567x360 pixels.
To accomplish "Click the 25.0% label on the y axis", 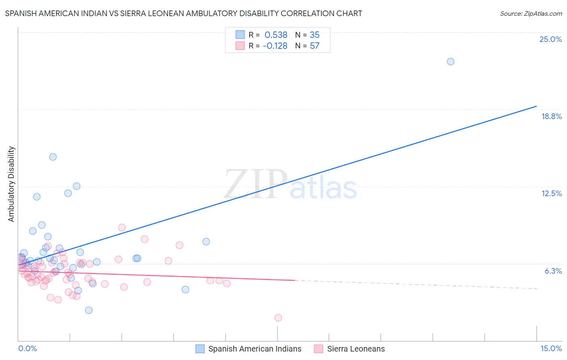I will point(550,39).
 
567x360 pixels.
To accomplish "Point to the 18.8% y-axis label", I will point(551,116).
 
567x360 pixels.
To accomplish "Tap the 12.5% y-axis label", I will point(551,193).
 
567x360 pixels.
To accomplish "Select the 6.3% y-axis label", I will point(553,271).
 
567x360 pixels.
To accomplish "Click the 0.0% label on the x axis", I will point(27,348).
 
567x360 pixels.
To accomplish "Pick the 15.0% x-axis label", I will point(551,348).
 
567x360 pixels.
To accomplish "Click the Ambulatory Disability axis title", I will point(11,184).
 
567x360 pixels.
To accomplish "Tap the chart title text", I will point(183,13).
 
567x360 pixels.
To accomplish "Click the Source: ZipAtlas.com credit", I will point(531,13).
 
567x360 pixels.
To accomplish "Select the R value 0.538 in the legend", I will point(276,35).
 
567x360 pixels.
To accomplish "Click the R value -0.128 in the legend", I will point(275,46).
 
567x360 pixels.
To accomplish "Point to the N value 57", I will point(315,46).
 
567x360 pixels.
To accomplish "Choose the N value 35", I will point(315,35).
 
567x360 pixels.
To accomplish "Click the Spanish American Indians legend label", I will point(254,349).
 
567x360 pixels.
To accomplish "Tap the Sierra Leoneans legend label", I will point(356,349).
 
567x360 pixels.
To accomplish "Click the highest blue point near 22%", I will point(450,61).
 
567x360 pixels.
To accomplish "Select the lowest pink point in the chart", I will point(278,318).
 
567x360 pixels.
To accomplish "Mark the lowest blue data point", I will point(89,310).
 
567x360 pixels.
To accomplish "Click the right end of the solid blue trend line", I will point(536,106).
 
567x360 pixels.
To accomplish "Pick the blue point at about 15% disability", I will point(53,157).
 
